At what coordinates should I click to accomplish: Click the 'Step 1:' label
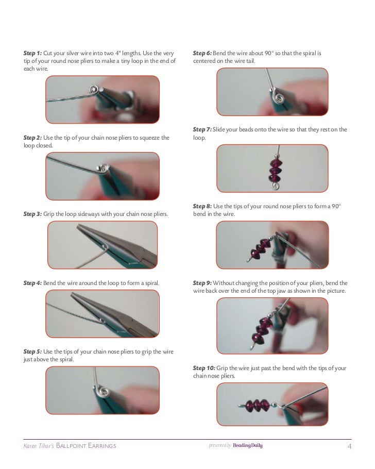click(x=32, y=54)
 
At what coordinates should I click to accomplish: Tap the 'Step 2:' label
click(x=32, y=138)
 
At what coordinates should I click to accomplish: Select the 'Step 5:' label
click(x=33, y=352)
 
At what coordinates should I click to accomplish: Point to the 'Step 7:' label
click(x=201, y=129)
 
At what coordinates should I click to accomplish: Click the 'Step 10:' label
click(x=202, y=368)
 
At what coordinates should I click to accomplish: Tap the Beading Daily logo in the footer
click(x=247, y=446)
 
